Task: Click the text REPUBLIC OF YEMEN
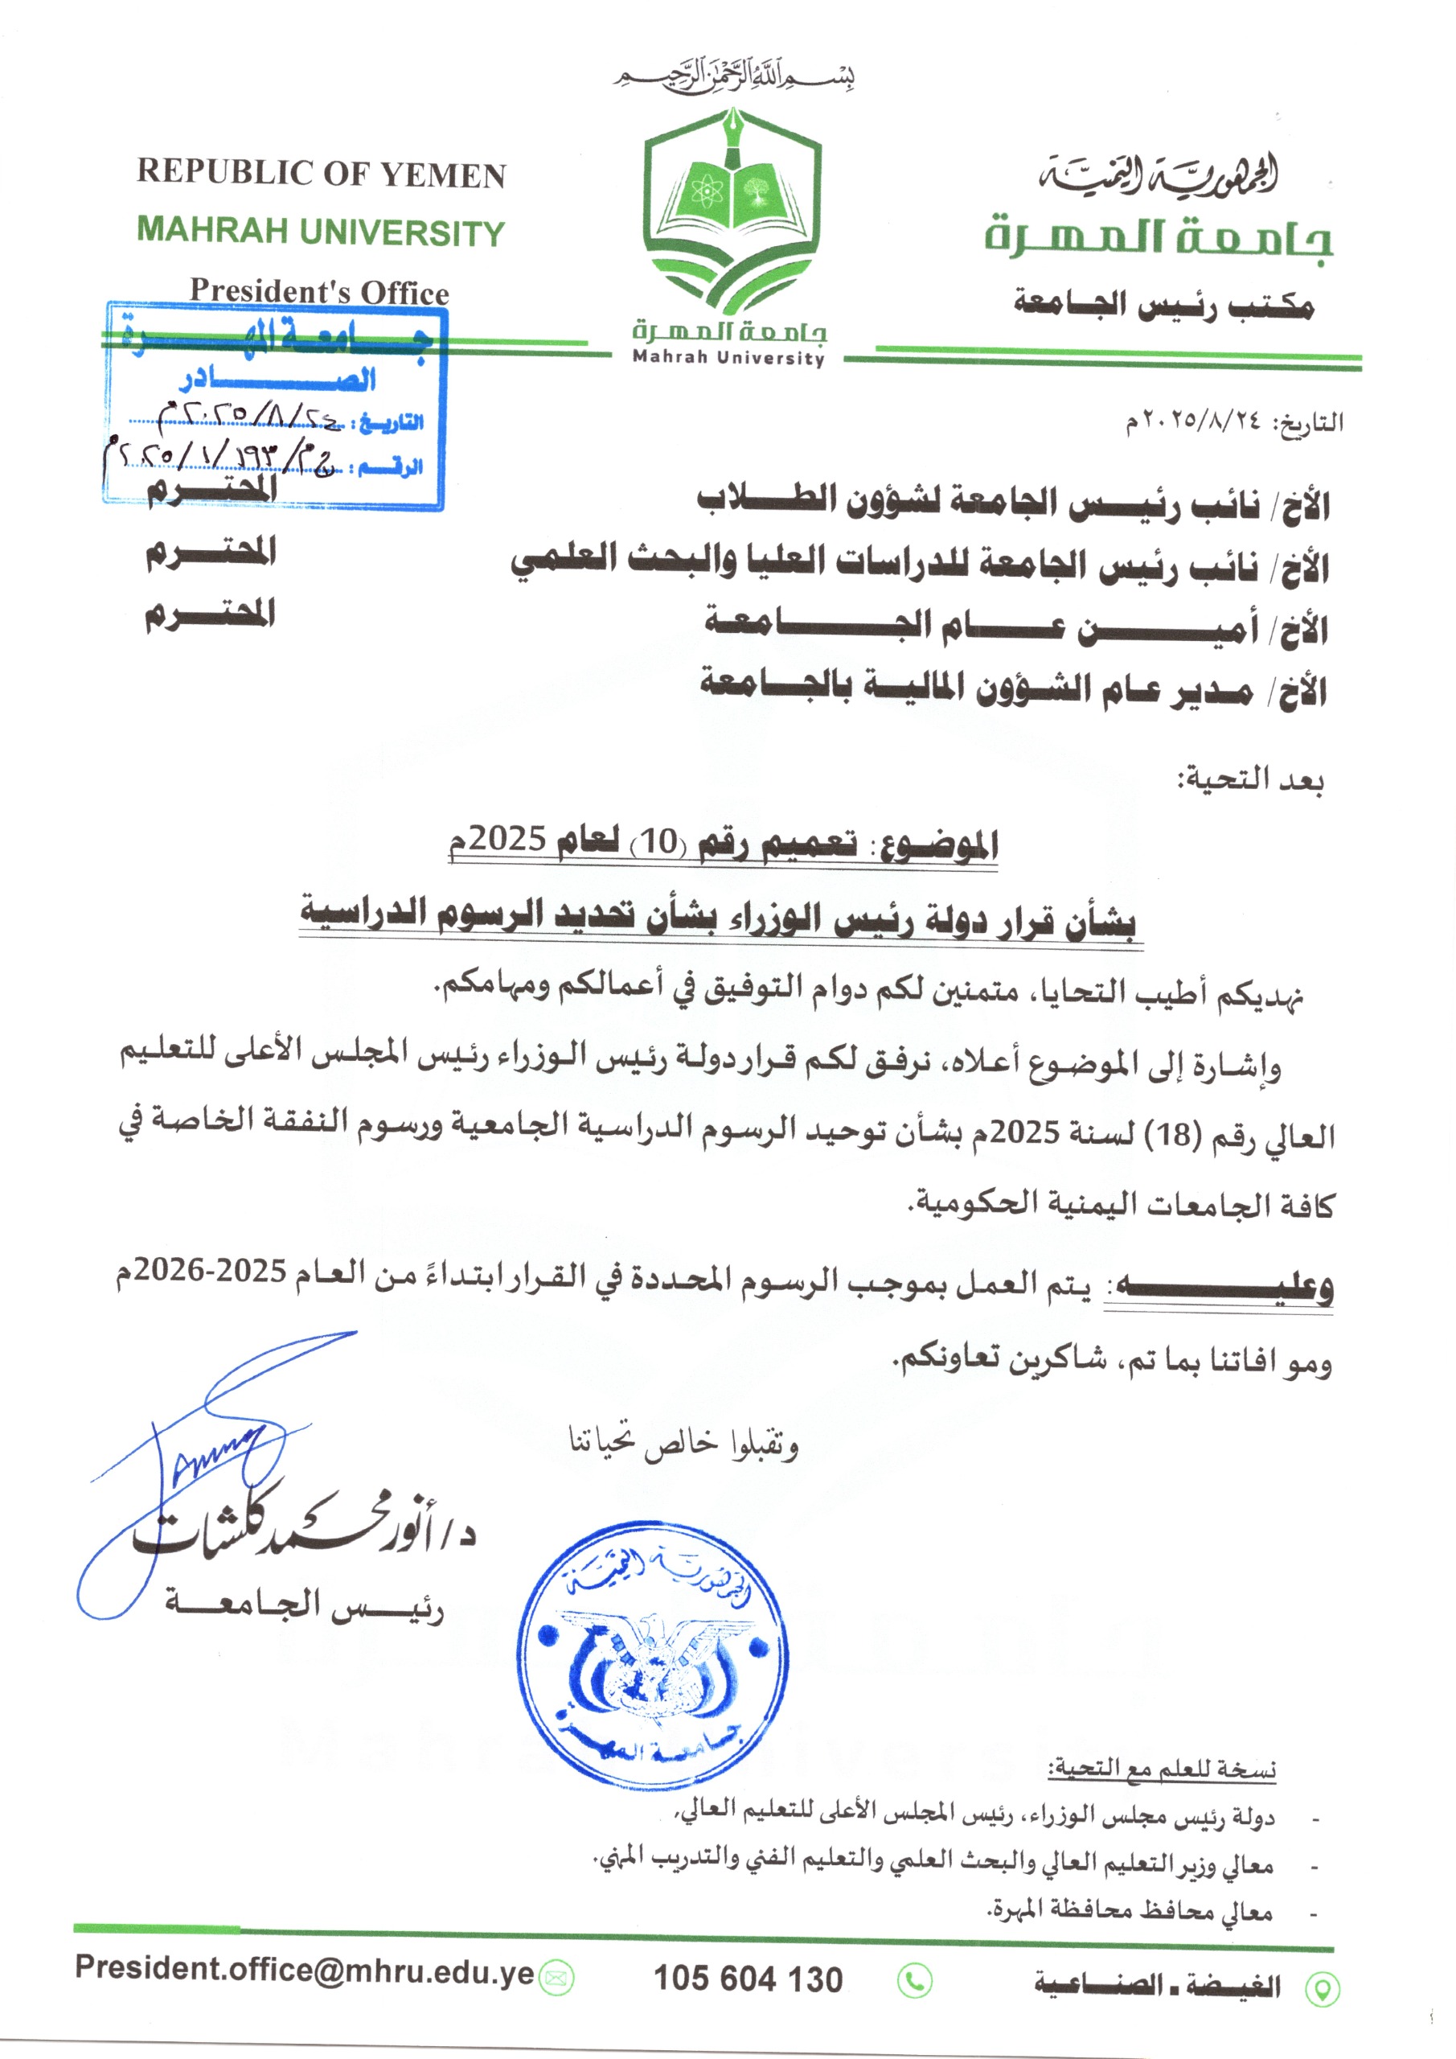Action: click(321, 173)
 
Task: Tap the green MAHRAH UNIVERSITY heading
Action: click(321, 232)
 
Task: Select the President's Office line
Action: click(319, 290)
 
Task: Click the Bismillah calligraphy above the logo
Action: click(733, 76)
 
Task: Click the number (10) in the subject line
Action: click(658, 842)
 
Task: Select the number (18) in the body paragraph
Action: click(1175, 1134)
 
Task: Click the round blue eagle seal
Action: click(652, 1653)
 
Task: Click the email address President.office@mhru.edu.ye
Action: click(305, 1967)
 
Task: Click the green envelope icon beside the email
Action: click(556, 1978)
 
